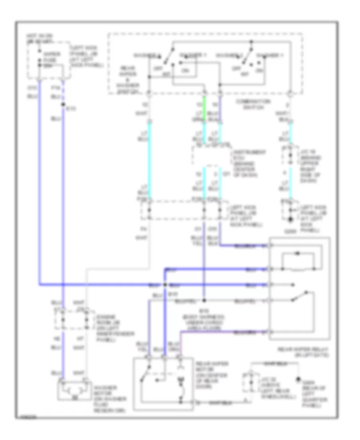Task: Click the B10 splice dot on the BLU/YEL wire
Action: tap(204, 300)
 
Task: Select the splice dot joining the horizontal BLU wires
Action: tap(165, 285)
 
